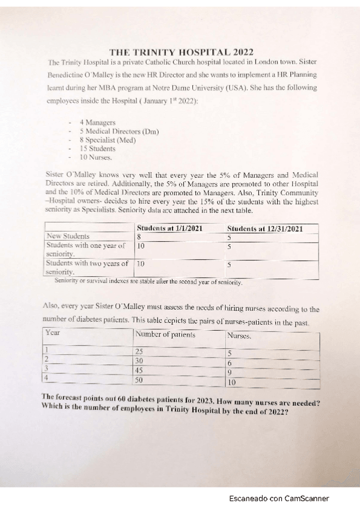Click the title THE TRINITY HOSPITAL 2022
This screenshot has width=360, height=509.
182,51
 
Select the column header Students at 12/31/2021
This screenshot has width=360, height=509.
264,228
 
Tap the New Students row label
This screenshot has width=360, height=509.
68,236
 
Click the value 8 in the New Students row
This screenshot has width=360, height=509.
139,237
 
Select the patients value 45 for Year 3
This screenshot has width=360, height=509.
140,370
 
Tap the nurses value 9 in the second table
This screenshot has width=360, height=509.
230,372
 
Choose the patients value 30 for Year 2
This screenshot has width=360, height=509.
140,361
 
